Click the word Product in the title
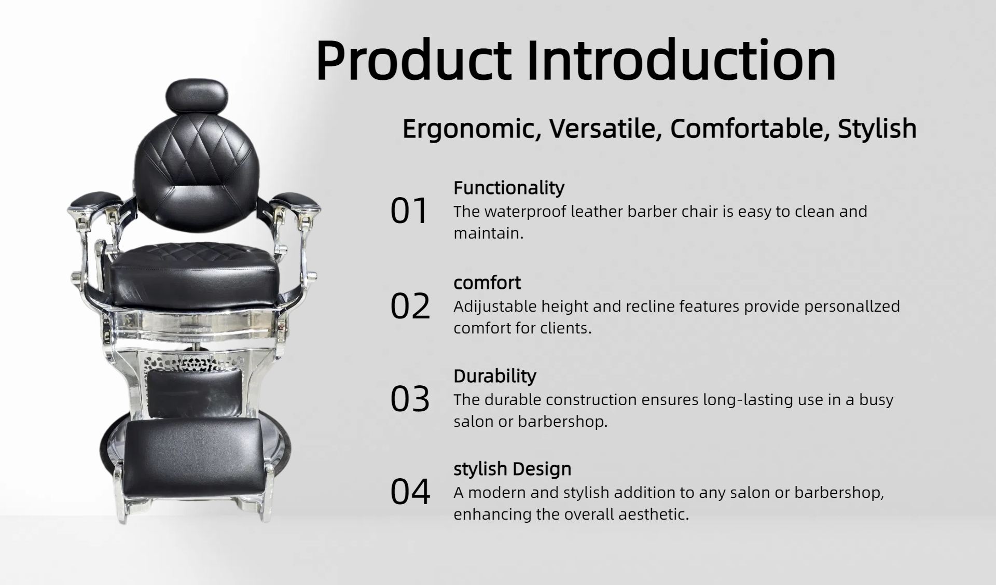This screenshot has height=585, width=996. [413, 61]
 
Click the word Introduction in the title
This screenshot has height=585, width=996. [682, 59]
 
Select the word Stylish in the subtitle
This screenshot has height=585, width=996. [877, 129]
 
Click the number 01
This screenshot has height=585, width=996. [409, 211]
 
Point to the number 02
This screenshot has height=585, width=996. [410, 306]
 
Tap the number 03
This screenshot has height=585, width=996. [410, 399]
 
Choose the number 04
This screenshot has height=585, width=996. [410, 492]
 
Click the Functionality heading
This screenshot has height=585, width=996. [509, 188]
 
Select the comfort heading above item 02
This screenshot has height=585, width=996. [487, 283]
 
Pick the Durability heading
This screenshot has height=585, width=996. [495, 377]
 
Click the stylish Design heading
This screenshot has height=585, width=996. [513, 469]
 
